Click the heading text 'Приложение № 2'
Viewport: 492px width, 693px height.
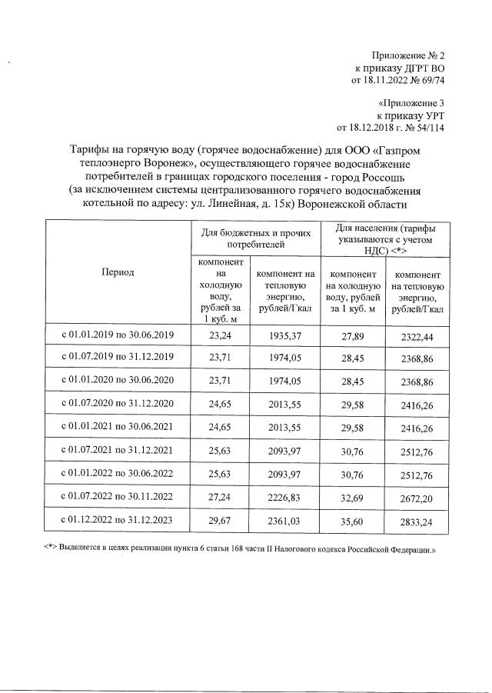408,56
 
